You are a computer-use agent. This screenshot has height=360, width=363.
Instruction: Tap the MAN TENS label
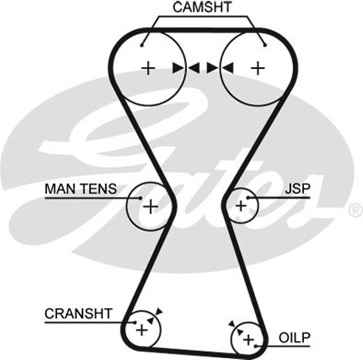(x=81, y=188)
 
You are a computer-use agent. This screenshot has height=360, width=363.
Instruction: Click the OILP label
(x=295, y=338)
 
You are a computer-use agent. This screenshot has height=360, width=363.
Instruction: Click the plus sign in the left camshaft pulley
(x=147, y=69)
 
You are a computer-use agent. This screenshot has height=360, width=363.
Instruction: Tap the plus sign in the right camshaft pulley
(x=258, y=69)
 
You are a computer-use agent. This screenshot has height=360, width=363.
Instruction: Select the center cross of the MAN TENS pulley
(x=150, y=206)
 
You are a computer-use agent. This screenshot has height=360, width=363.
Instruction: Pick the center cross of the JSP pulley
(x=240, y=205)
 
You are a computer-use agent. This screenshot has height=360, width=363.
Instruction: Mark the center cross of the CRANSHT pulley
(x=141, y=329)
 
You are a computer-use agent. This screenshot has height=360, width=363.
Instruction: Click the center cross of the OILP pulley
(x=248, y=339)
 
